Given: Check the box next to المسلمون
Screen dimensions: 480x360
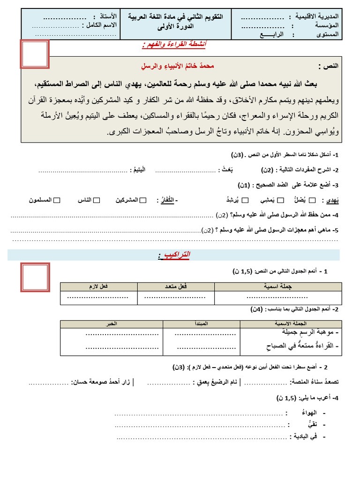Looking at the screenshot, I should pyautogui.click(x=57, y=201).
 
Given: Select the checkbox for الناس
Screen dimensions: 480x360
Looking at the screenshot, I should pyautogui.click(x=97, y=201).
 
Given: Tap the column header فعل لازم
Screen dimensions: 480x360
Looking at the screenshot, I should pyautogui.click(x=98, y=286).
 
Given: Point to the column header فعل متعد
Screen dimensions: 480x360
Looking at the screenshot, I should pyautogui.click(x=176, y=286).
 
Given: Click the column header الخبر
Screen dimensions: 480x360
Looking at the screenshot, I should pyautogui.click(x=111, y=324).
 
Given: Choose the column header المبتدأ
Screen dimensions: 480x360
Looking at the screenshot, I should pyautogui.click(x=201, y=324).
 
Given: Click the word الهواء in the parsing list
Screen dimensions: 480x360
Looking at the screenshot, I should pyautogui.click(x=307, y=413).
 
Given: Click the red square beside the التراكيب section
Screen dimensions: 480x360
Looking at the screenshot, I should pyautogui.click(x=35, y=277).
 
